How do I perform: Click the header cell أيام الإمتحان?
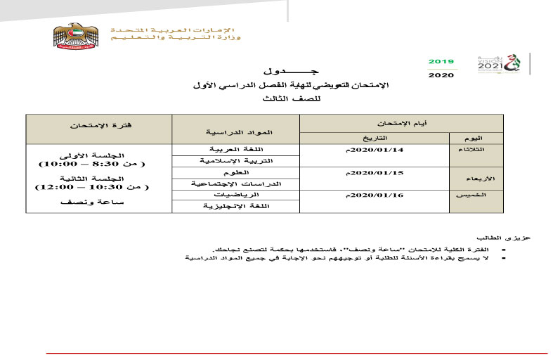(x=403, y=123)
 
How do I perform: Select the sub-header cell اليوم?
(x=476, y=138)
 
